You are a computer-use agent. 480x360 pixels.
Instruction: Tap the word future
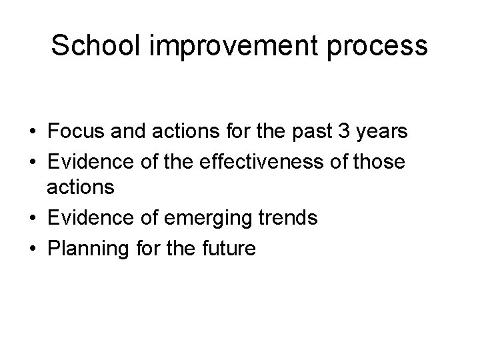(227, 249)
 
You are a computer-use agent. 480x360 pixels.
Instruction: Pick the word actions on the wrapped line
(81, 189)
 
